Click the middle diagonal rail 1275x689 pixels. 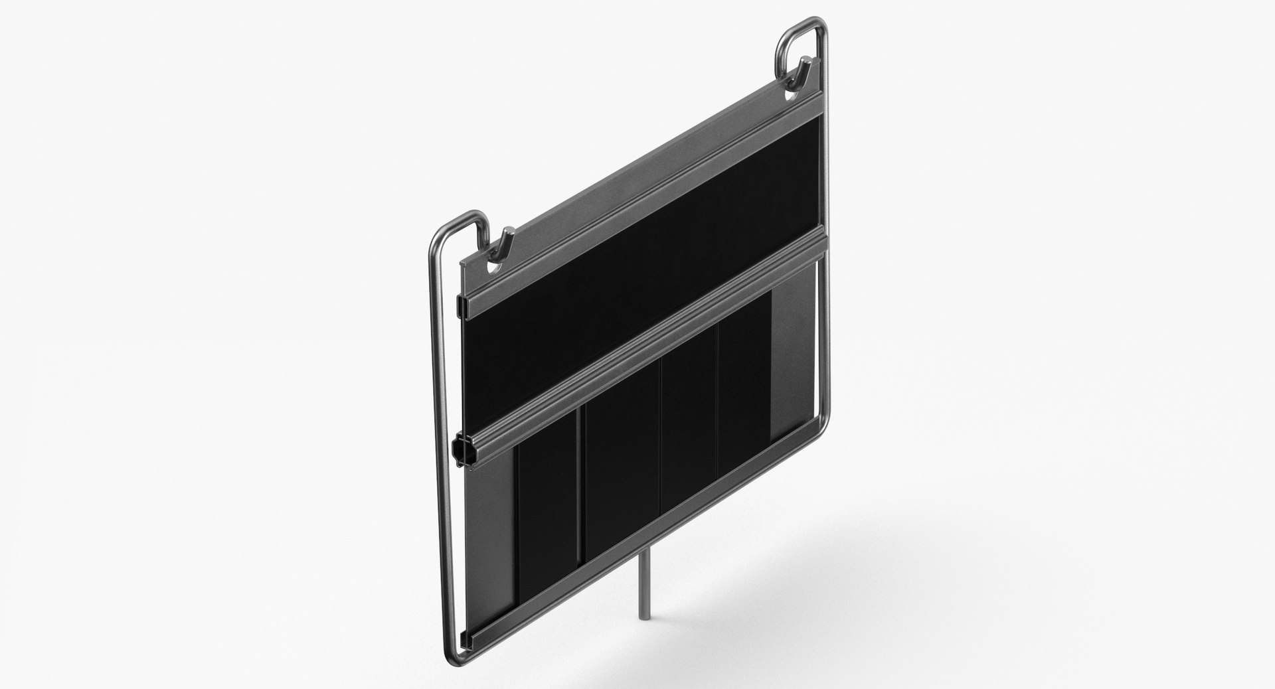644,339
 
